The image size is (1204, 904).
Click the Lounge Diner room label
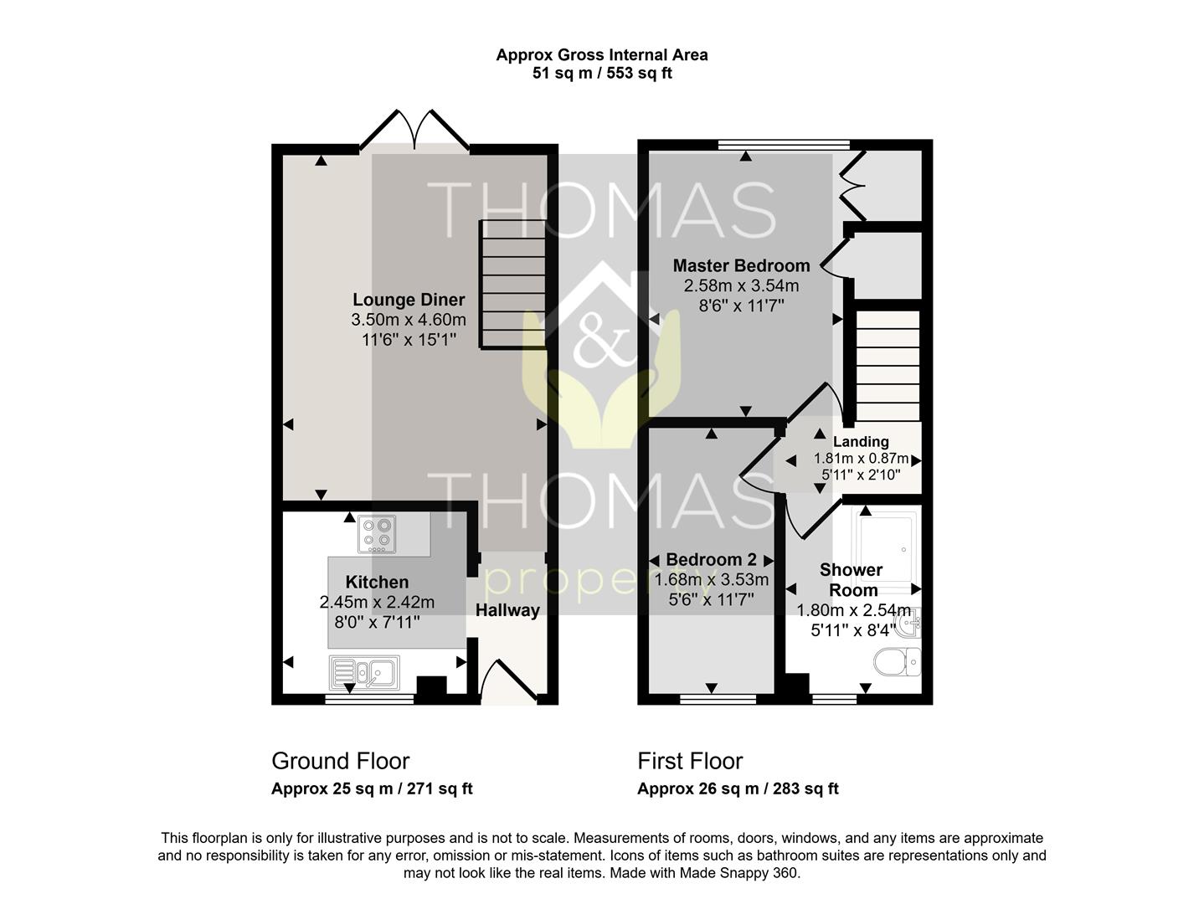[409, 300]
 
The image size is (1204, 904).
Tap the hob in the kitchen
[377, 535]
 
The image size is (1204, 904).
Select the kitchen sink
[364, 673]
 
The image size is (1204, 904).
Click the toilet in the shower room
[898, 662]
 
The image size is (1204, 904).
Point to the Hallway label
[507, 610]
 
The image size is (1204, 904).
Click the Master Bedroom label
[741, 266]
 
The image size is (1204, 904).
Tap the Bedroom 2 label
[711, 560]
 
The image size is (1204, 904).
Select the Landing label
[861, 441]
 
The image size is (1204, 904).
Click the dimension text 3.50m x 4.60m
[409, 320]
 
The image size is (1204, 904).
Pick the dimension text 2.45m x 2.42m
[377, 602]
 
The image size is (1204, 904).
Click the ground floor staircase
[513, 284]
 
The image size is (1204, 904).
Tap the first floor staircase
[888, 366]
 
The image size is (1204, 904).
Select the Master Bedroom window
[784, 145]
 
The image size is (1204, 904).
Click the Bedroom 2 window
[718, 699]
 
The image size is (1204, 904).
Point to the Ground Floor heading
[341, 762]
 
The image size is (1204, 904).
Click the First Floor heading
[690, 762]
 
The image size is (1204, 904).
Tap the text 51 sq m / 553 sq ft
[602, 73]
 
